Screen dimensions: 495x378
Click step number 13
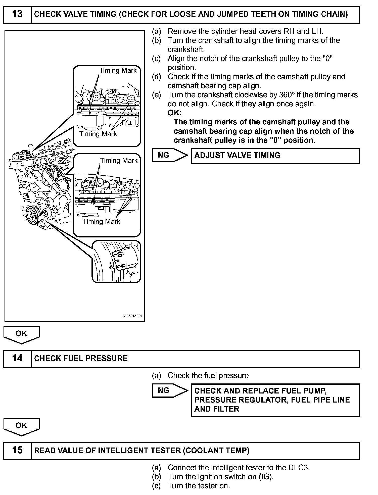pyautogui.click(x=17, y=14)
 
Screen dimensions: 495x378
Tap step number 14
pyautogui.click(x=17, y=358)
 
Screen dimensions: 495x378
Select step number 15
pyautogui.click(x=17, y=450)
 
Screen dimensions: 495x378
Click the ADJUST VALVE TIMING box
pyautogui.click(x=275, y=156)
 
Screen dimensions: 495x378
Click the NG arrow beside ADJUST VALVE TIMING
pyautogui.click(x=170, y=155)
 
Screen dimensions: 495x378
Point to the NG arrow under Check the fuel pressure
pyautogui.click(x=170, y=390)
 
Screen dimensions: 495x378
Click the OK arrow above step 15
pyautogui.click(x=21, y=426)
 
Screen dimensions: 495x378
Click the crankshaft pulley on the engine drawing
pyautogui.click(x=33, y=215)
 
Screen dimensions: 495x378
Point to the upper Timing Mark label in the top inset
pyautogui.click(x=118, y=70)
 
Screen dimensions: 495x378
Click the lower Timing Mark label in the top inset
pyautogui.click(x=98, y=134)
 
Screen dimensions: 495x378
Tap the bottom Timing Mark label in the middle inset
pyautogui.click(x=102, y=222)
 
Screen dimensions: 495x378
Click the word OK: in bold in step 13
pyautogui.click(x=175, y=113)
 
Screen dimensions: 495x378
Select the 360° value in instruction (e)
pyautogui.click(x=286, y=95)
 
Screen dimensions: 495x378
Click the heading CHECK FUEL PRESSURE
pyautogui.click(x=81, y=358)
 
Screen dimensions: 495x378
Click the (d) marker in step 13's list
pyautogui.click(x=156, y=77)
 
